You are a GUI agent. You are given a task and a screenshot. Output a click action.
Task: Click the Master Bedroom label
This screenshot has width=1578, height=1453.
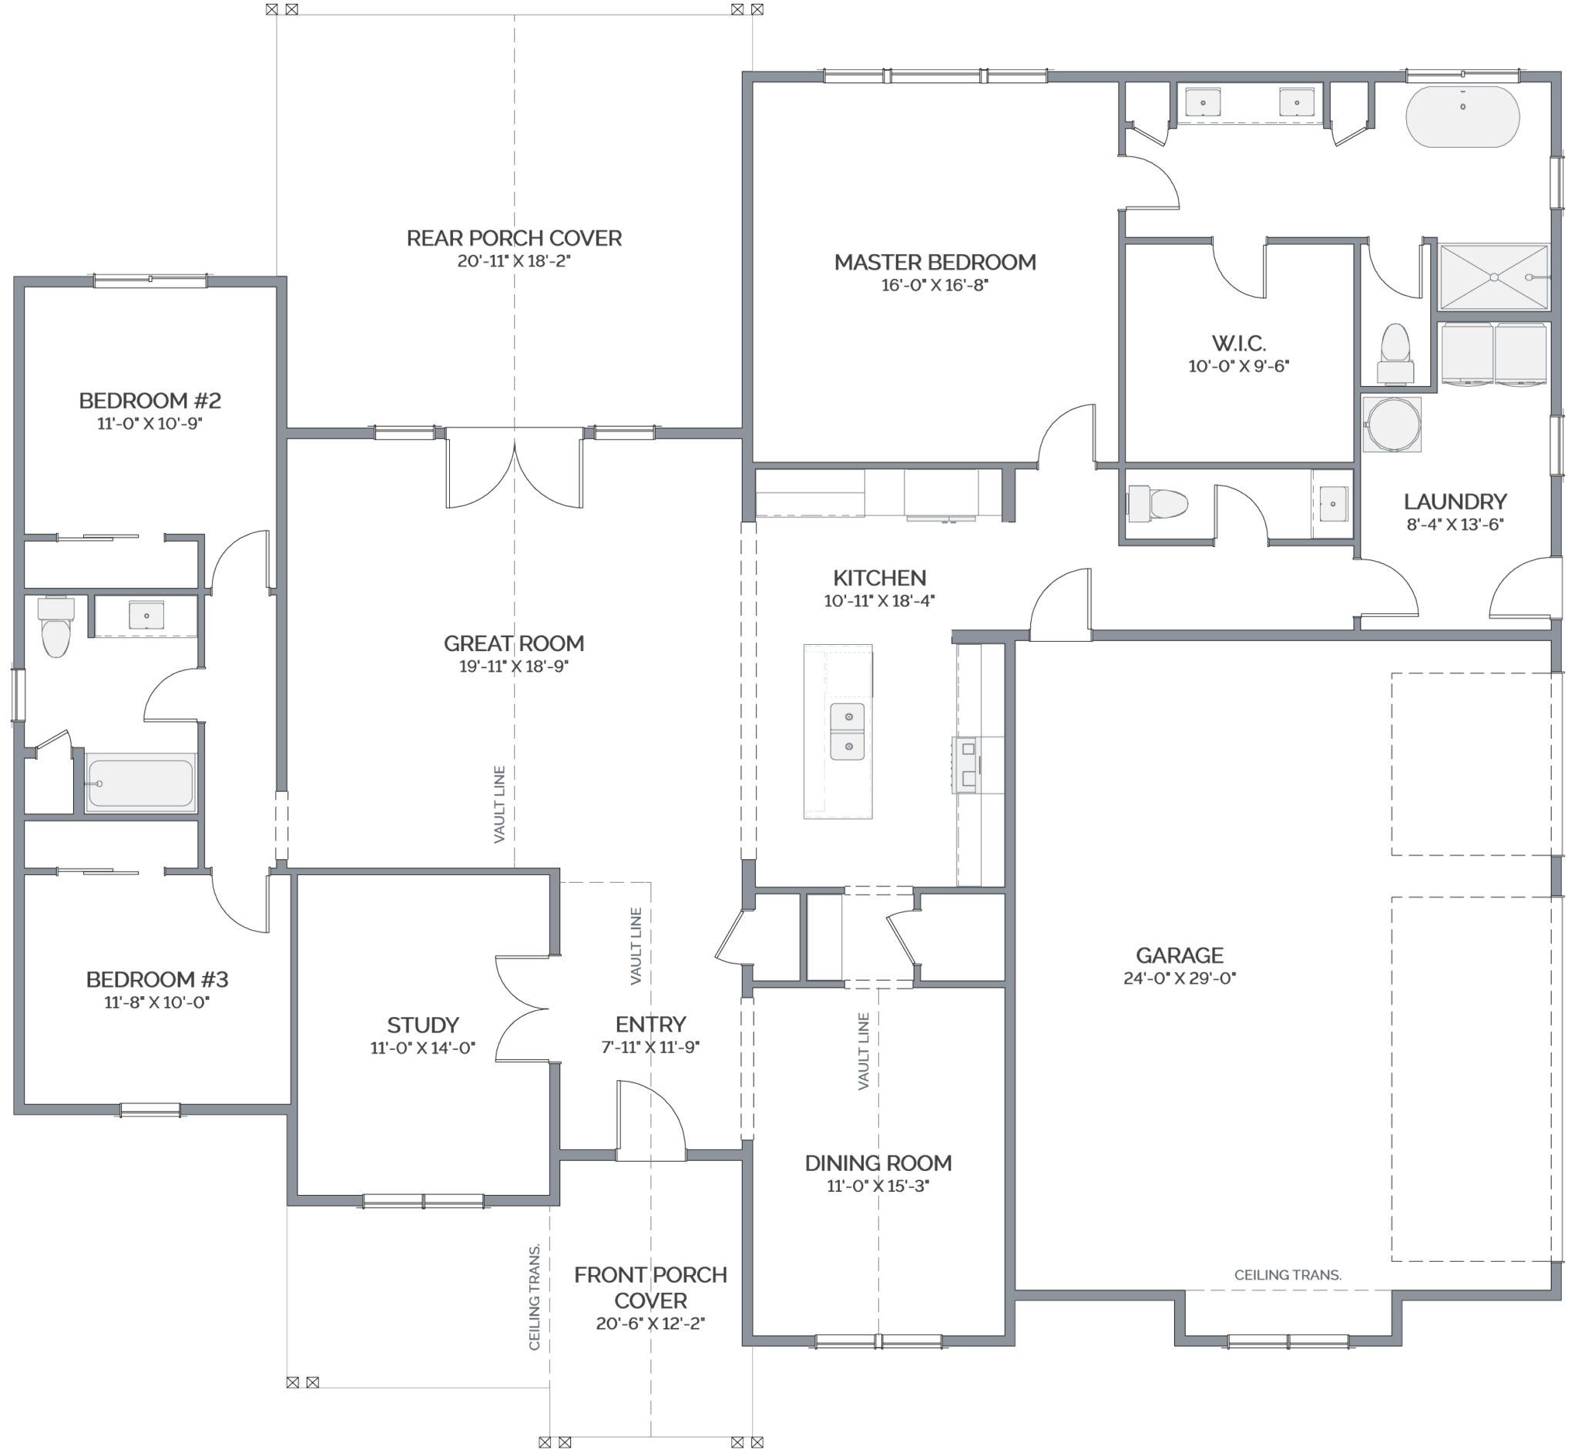[x=935, y=262]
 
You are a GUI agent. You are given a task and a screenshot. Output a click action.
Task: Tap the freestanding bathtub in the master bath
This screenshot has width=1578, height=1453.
[x=1462, y=116]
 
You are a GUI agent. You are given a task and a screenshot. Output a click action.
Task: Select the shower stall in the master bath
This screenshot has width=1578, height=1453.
[x=1493, y=276]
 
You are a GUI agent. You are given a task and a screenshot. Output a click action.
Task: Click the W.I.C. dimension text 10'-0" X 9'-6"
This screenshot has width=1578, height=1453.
[x=1238, y=367]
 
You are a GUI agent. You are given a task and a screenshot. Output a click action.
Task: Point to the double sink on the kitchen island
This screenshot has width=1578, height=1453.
[x=847, y=731]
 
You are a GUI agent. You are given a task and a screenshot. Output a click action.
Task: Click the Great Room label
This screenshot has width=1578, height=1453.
[x=513, y=643]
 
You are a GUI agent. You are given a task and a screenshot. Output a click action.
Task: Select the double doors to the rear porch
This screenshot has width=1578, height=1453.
[x=514, y=471]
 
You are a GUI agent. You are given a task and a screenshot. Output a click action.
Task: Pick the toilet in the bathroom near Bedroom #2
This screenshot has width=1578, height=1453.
[x=55, y=626]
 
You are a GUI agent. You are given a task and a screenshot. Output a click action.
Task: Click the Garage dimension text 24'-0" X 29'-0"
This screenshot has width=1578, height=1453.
[x=1180, y=978]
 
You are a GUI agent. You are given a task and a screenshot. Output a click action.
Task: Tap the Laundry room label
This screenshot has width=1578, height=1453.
[x=1455, y=501]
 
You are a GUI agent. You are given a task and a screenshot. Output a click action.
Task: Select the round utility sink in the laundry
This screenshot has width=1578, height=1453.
[x=1392, y=424]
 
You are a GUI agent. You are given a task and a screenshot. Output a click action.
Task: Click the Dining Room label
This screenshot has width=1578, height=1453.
[x=878, y=1163]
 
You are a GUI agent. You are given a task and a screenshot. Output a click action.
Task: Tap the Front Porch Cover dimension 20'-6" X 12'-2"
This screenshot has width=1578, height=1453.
[x=650, y=1324]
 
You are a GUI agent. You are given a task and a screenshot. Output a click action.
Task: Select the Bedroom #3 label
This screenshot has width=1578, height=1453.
[x=156, y=979]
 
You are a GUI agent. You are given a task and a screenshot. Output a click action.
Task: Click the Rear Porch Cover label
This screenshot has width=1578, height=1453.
[x=513, y=237]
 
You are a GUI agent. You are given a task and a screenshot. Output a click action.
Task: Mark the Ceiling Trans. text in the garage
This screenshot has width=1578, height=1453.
[x=1287, y=1275]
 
